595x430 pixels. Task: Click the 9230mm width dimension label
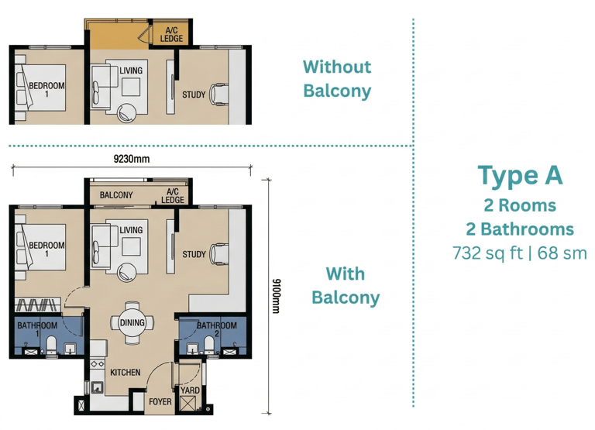tap(132, 159)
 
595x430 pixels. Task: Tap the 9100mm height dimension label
tap(277, 296)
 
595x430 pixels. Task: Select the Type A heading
tap(520, 176)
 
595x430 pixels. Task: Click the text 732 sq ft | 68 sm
tap(520, 253)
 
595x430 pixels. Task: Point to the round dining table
tap(132, 322)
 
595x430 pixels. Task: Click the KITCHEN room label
tap(126, 373)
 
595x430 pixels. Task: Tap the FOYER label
tap(160, 401)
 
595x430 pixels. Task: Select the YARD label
tap(190, 390)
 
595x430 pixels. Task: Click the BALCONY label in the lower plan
tap(116, 195)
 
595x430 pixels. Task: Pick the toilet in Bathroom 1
tap(51, 345)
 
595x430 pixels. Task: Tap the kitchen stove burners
tap(97, 363)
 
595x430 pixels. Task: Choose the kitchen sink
tap(97, 387)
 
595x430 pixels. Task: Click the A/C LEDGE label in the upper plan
tap(171, 35)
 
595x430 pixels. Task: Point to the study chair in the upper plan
tap(219, 94)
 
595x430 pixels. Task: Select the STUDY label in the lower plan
tap(194, 254)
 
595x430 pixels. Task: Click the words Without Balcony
tap(337, 79)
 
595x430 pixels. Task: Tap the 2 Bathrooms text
tap(520, 229)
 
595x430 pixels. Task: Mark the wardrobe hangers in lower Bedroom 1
tap(37, 305)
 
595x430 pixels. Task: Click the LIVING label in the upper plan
tap(131, 71)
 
